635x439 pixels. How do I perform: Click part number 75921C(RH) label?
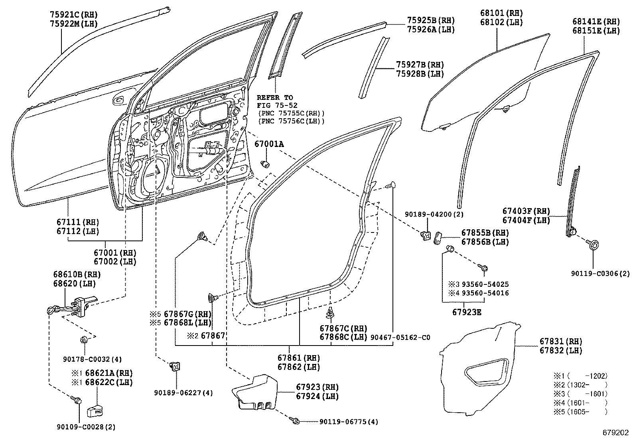pyautogui.click(x=74, y=15)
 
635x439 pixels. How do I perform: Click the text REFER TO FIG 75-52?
pyautogui.click(x=275, y=101)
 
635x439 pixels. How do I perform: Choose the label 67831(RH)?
pyautogui.click(x=561, y=342)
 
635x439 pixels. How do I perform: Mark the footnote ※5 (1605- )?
pyautogui.click(x=580, y=411)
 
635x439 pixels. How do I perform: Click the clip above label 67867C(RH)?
pyautogui.click(x=329, y=313)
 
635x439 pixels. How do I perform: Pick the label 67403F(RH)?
pyautogui.click(x=526, y=211)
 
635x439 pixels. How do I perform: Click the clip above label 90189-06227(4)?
pyautogui.click(x=174, y=366)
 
